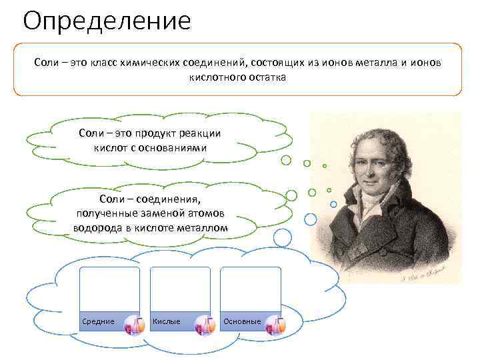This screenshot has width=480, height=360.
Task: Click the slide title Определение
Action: pyautogui.click(x=106, y=21)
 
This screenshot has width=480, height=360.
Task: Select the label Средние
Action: pyautogui.click(x=98, y=321)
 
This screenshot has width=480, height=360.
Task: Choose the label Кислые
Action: pyautogui.click(x=167, y=321)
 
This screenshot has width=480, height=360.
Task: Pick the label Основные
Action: pyautogui.click(x=242, y=321)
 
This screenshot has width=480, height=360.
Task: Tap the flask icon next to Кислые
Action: pyautogui.click(x=205, y=325)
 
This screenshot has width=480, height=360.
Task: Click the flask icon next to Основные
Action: pyautogui.click(x=275, y=325)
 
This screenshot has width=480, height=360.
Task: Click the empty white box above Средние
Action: pyautogui.click(x=109, y=288)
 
